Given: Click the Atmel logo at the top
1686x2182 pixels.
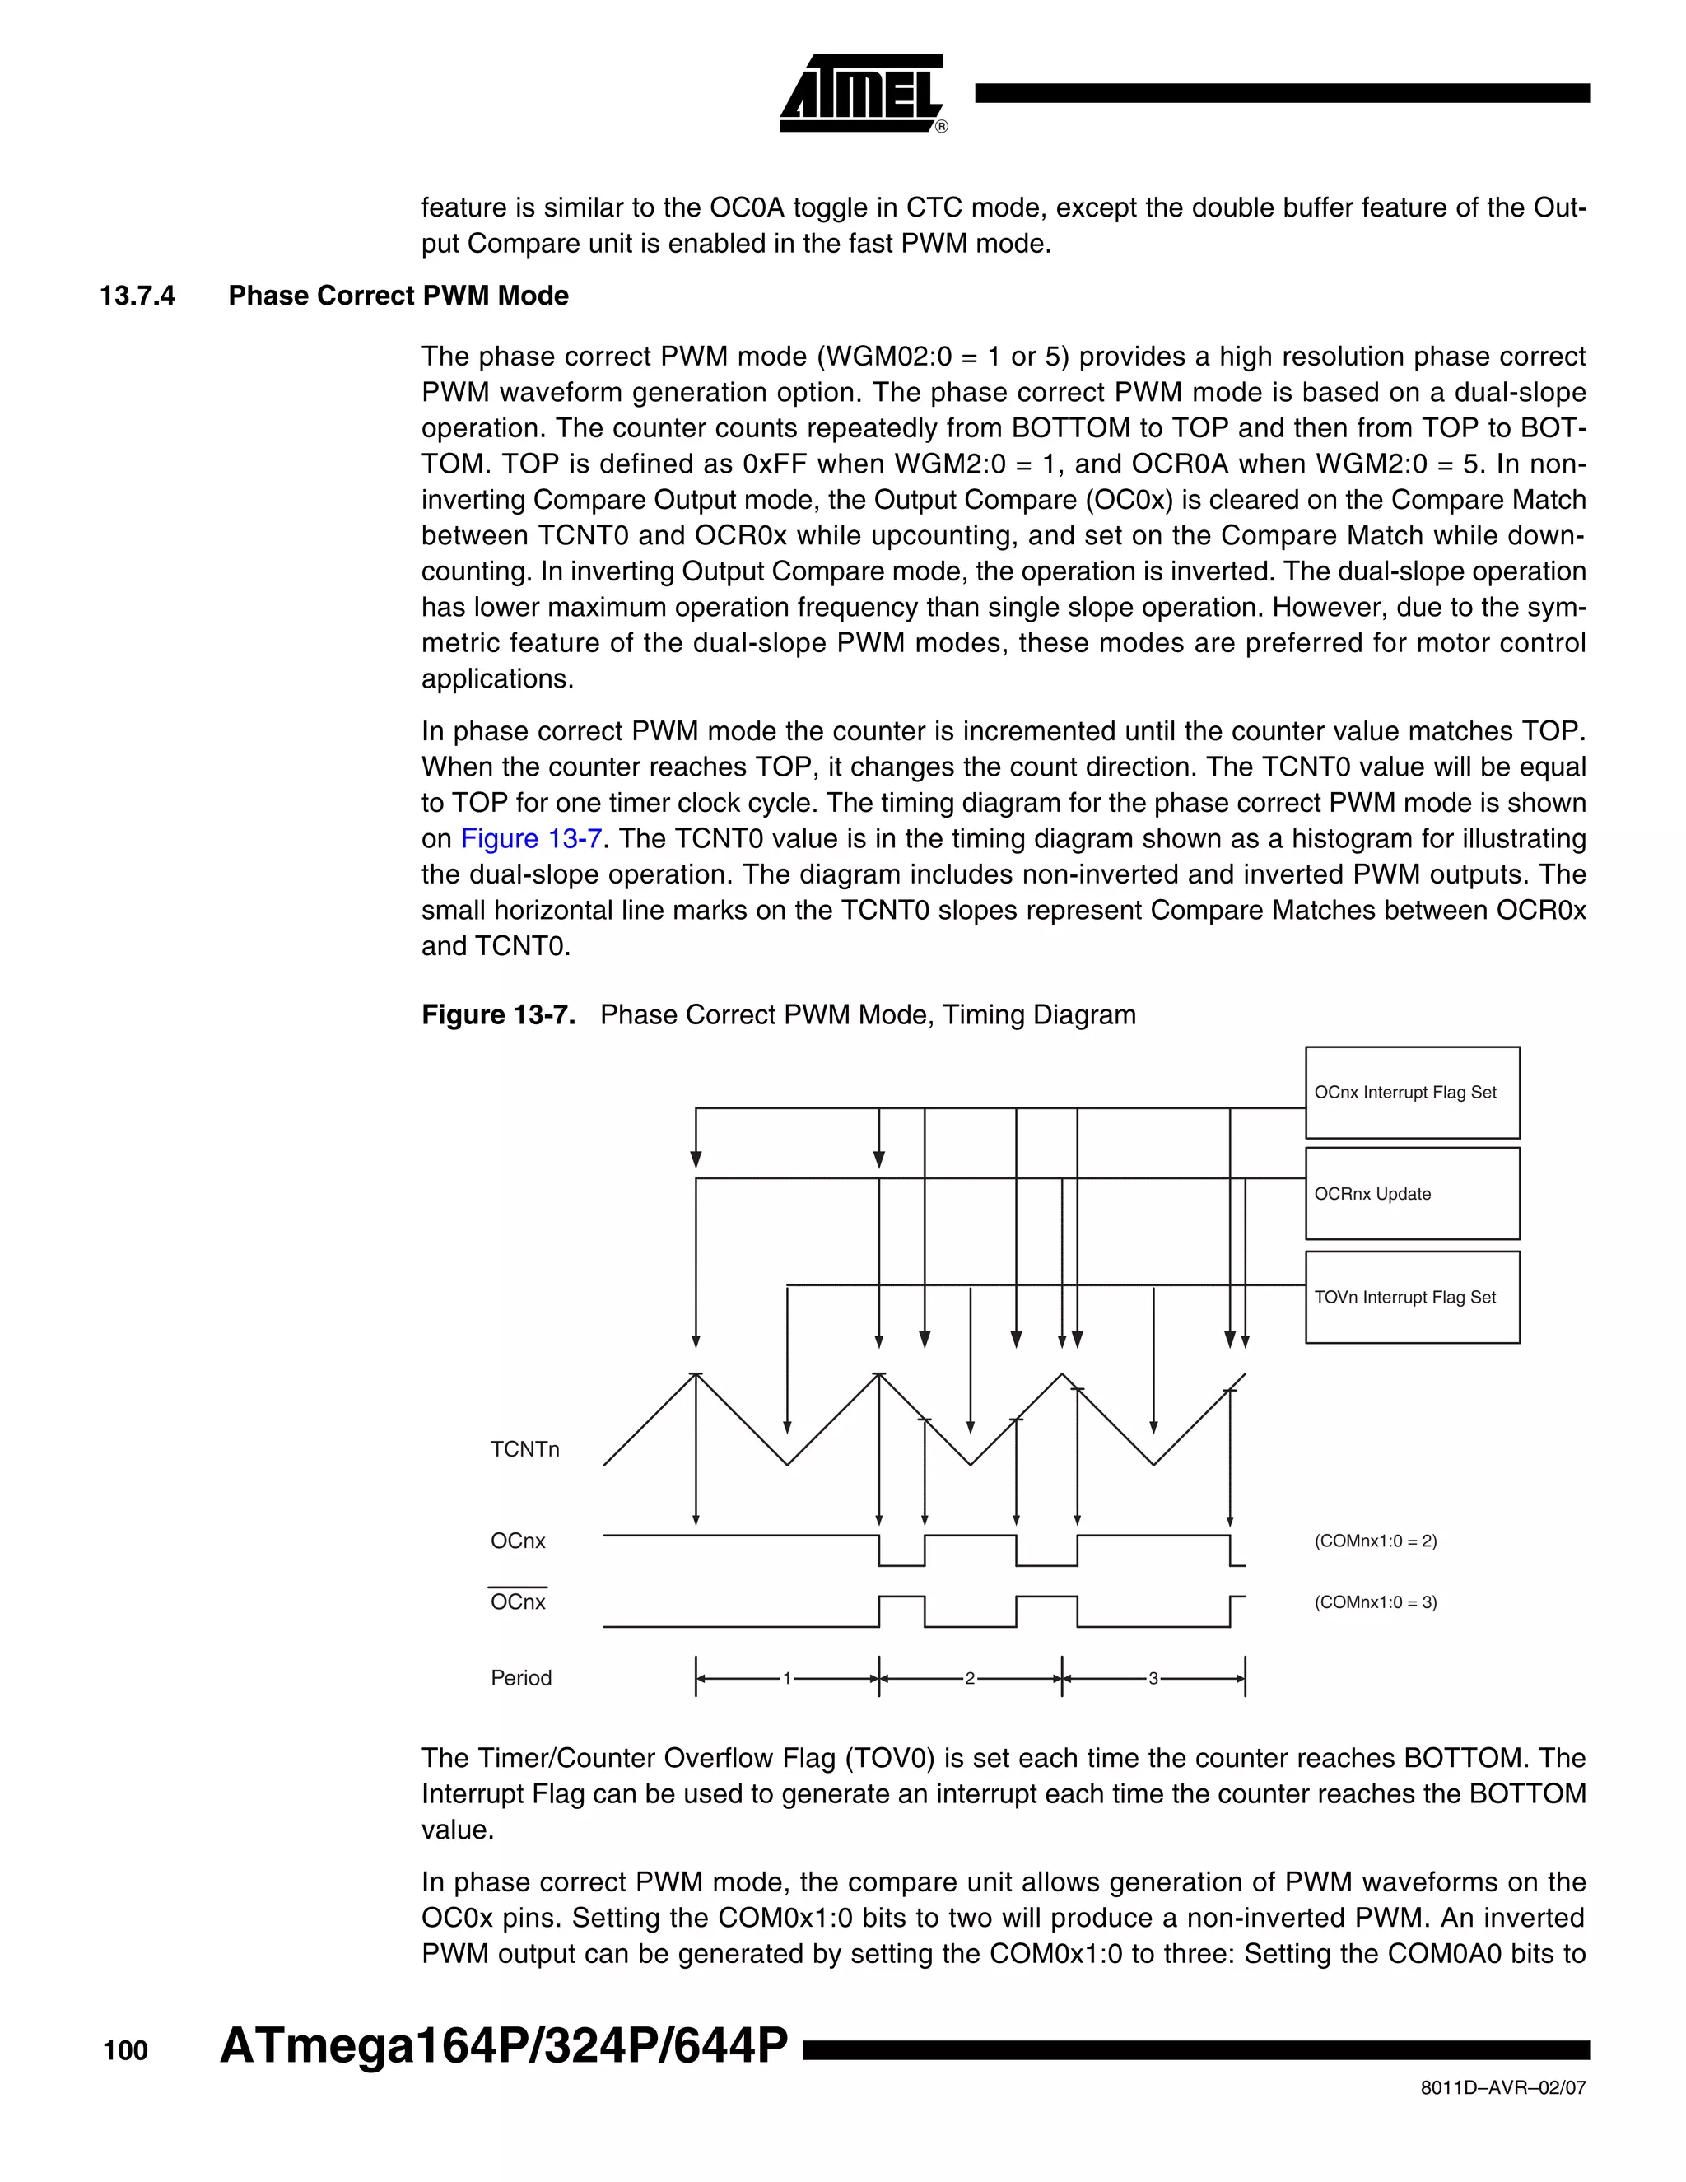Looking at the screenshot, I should coord(862,93).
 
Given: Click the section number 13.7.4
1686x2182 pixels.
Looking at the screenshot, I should coord(137,296).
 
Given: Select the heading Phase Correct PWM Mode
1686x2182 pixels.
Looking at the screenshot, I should coord(398,296).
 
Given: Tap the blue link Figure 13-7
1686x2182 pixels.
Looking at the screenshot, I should coord(530,838).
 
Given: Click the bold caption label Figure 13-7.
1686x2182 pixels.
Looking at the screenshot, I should coord(497,1015).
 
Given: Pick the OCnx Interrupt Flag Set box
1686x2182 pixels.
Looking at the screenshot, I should coord(1411,1093).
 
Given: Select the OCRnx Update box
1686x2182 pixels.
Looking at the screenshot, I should coord(1411,1194).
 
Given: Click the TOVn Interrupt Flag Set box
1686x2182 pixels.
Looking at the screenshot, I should coord(1411,1297).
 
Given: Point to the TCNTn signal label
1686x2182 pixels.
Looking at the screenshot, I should coord(524,1450).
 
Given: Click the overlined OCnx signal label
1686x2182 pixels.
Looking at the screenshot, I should coord(517,1602).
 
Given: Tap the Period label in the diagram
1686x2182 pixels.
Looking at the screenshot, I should coord(520,1678).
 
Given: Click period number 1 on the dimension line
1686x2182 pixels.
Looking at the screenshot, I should coord(786,1678).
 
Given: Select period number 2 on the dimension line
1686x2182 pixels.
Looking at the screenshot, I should coord(969,1678).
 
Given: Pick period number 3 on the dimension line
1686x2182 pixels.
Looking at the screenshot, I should coord(1153,1678).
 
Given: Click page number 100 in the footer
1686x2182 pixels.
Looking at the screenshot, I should coord(125,2051).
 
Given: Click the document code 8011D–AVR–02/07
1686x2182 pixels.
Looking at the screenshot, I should coord(1502,2088).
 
